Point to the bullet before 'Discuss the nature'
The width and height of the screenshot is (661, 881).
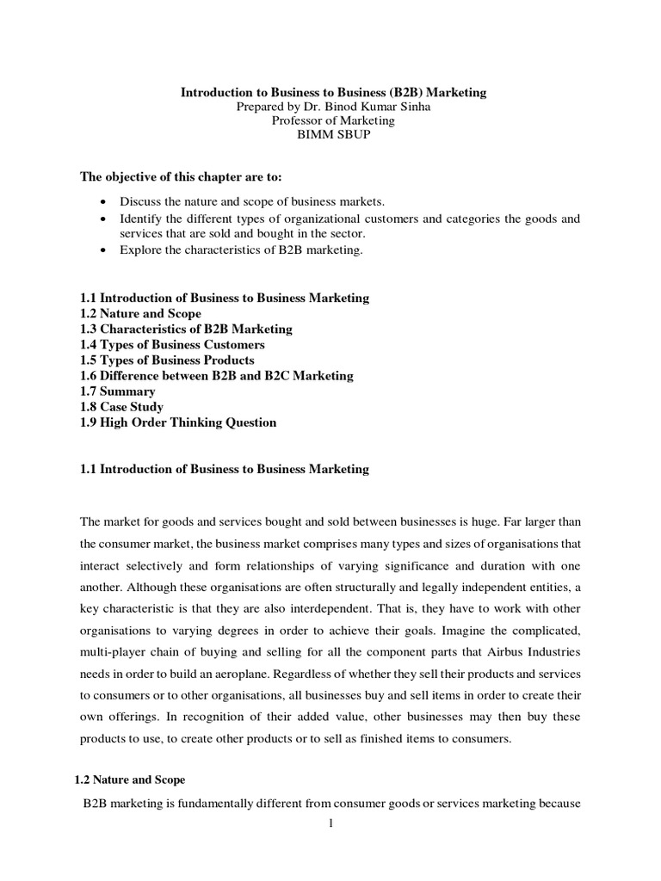pos(104,202)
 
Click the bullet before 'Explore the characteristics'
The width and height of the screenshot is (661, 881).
pos(104,250)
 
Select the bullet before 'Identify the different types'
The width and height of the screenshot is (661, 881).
pos(104,219)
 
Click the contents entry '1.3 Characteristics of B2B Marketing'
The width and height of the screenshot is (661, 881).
pos(186,329)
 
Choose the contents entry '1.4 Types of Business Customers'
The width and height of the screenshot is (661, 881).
pos(172,345)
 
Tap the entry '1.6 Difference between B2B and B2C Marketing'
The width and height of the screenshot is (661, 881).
pos(216,376)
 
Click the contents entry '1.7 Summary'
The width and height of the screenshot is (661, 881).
pos(118,391)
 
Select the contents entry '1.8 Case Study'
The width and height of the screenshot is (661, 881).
pos(121,407)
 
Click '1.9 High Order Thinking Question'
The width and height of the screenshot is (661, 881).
pos(178,422)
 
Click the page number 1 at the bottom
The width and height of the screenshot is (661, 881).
pos(331,823)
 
